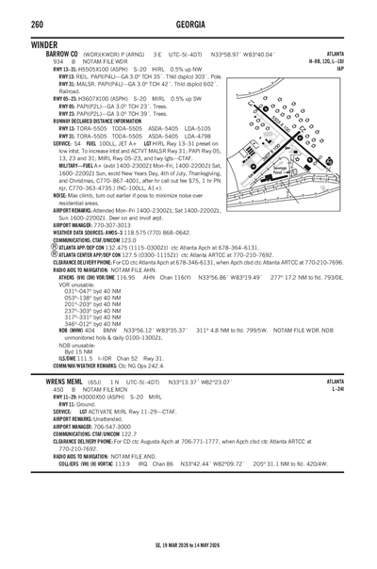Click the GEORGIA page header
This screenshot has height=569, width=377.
click(x=189, y=20)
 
